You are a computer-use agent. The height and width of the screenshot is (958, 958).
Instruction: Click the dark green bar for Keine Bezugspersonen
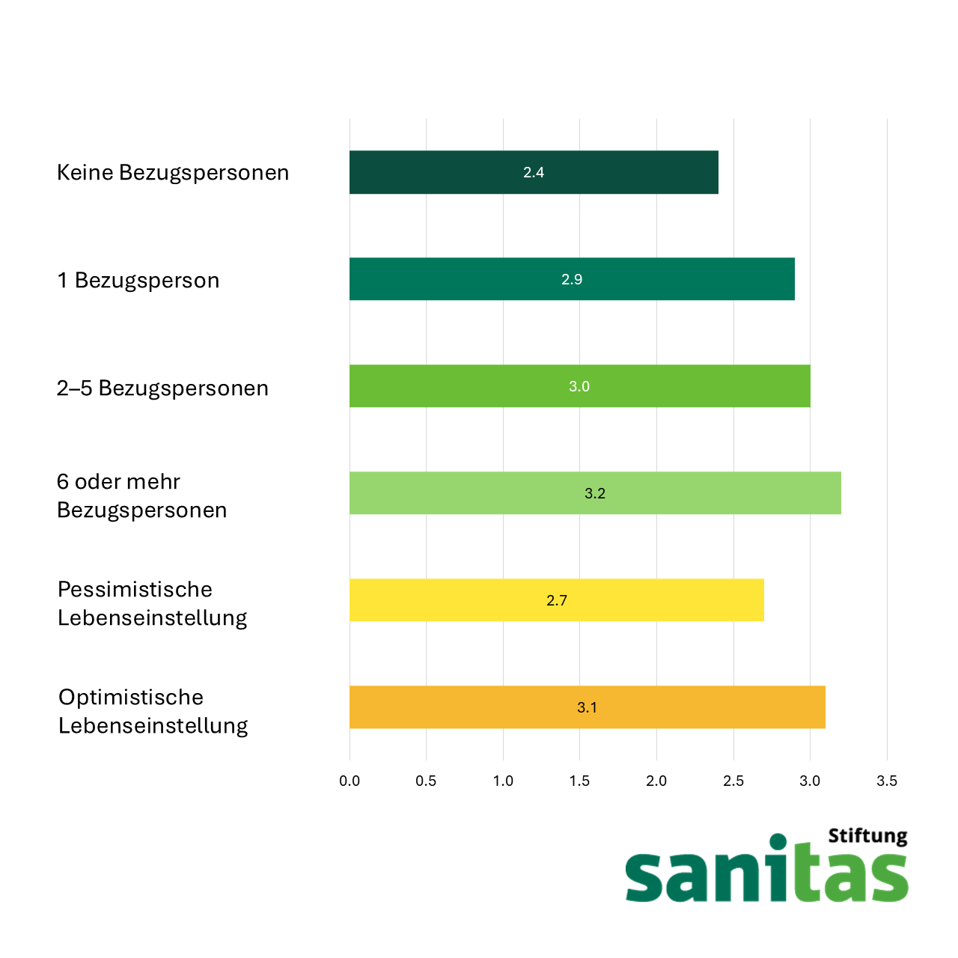point(534,172)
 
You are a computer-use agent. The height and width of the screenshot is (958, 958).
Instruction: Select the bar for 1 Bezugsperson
point(572,279)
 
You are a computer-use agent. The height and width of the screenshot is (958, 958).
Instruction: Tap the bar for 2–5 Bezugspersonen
point(580,385)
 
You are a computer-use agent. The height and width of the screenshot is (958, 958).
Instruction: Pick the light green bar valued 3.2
point(595,492)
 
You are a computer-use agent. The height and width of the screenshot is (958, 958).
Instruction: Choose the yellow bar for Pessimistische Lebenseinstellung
point(557,599)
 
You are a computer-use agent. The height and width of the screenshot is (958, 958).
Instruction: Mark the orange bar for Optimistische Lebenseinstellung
point(587,707)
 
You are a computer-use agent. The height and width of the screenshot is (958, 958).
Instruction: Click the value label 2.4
point(534,172)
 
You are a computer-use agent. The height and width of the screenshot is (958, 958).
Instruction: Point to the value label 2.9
point(572,279)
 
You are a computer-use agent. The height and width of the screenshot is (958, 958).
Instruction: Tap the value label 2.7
point(557,600)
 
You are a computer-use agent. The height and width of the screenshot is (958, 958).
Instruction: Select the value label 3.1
point(587,707)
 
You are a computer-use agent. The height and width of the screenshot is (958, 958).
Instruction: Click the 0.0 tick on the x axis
point(350,781)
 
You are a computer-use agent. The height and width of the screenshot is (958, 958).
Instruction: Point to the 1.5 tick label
point(580,781)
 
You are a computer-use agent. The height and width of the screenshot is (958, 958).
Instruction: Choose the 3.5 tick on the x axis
point(887,781)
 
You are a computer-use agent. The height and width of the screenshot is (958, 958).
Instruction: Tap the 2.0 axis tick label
point(656,781)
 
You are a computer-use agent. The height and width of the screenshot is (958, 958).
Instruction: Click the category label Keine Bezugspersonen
point(173,173)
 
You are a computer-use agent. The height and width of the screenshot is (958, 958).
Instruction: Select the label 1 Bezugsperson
point(138,281)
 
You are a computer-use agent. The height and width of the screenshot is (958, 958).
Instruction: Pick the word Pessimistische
point(135,589)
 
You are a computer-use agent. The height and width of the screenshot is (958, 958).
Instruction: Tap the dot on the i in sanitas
point(778,842)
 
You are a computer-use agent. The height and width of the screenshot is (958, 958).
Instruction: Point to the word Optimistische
point(131,698)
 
